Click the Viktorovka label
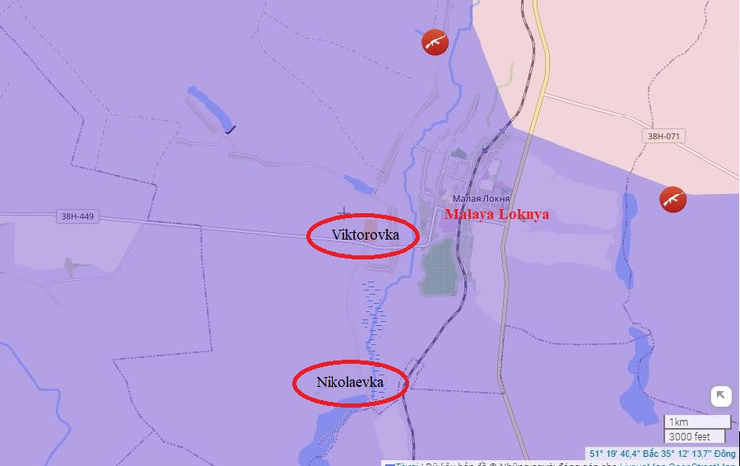coord(362,234)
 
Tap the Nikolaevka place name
coord(349,381)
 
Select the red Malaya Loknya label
coord(495,214)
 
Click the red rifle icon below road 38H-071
coord(674,198)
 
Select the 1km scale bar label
coord(680,422)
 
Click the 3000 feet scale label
coord(690,436)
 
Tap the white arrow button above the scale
coord(721,396)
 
